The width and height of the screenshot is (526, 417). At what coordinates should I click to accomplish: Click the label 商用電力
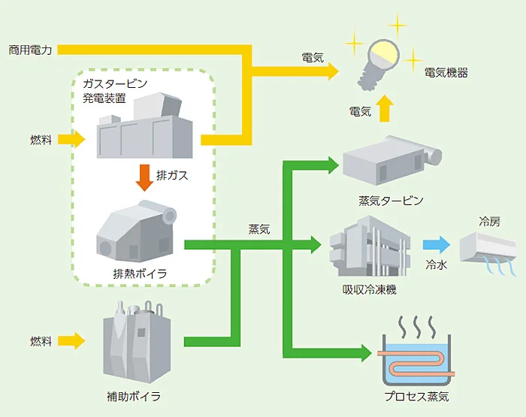[29, 50]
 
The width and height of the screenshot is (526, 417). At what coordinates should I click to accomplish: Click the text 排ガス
[172, 176]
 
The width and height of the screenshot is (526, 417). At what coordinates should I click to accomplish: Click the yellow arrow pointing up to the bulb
[385, 110]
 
